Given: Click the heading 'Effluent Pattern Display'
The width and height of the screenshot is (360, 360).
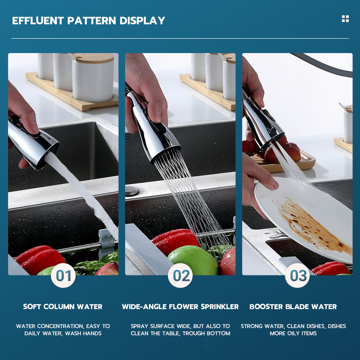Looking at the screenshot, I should [89, 21].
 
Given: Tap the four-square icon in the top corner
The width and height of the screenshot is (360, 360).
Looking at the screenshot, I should [345, 18].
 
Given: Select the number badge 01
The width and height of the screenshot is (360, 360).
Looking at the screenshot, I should [63, 275].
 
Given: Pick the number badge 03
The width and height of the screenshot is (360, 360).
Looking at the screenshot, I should [297, 275].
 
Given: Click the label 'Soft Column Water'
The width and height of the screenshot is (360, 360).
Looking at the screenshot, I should [63, 306].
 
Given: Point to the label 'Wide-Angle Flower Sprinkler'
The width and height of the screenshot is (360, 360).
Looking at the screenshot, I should [180, 306].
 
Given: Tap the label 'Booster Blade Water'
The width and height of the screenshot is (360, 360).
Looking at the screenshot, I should [293, 306].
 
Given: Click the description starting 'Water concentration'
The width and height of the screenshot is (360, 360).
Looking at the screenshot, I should [63, 329].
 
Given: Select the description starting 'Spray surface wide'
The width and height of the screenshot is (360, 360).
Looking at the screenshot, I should [180, 329].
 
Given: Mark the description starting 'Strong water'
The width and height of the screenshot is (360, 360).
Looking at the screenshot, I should [293, 329].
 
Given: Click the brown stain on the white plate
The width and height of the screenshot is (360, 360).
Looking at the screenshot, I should [310, 225].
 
